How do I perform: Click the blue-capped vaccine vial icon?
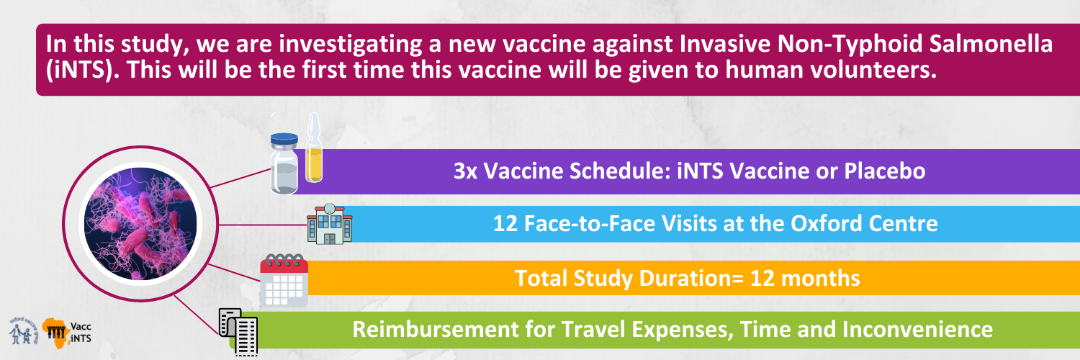click(x=284, y=163)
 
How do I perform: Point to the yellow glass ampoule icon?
click(x=314, y=148)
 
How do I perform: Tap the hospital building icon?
click(x=330, y=224)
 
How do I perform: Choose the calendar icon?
click(x=284, y=280)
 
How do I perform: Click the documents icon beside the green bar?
click(x=238, y=332)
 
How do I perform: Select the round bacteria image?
click(x=140, y=224)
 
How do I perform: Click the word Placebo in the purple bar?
click(x=885, y=171)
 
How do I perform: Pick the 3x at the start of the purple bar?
click(x=465, y=171)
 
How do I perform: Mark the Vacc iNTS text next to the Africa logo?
click(x=81, y=333)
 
